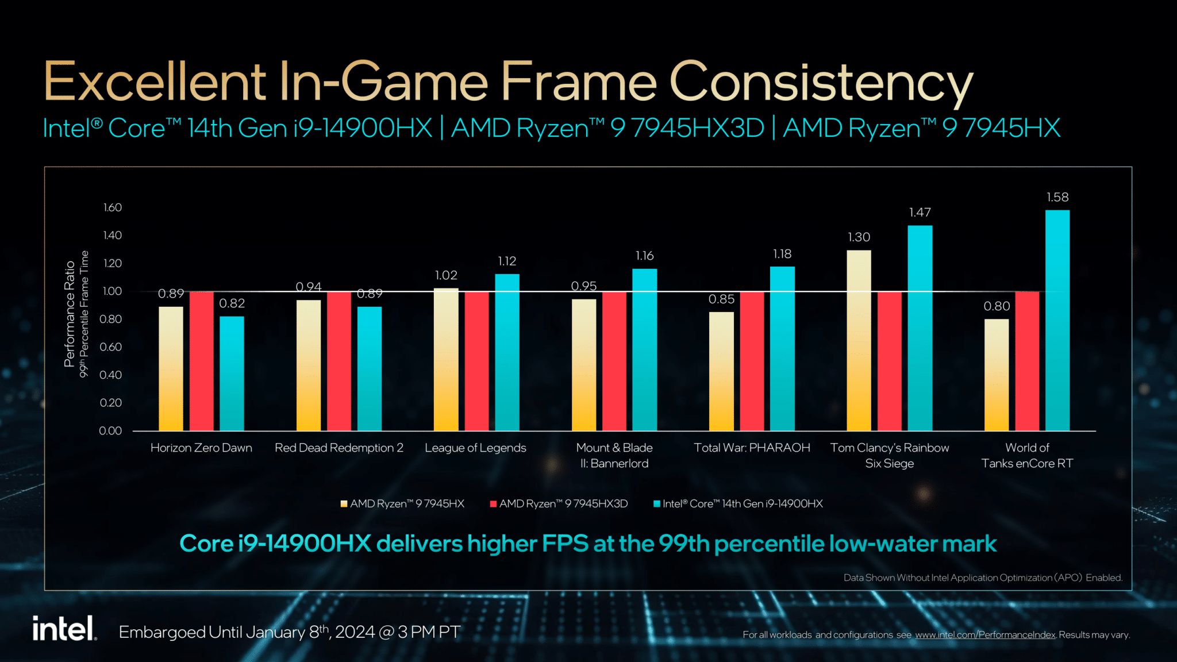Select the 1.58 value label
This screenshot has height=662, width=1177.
tap(1057, 197)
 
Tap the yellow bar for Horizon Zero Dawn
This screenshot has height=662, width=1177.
tap(171, 368)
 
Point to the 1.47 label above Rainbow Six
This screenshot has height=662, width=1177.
tap(920, 213)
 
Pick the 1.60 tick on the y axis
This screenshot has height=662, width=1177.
tap(113, 207)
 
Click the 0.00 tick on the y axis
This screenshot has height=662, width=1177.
tap(110, 431)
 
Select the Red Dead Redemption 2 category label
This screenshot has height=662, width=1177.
tap(339, 448)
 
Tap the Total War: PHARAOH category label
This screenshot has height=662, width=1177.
tap(752, 448)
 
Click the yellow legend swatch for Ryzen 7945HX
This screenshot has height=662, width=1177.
tap(344, 504)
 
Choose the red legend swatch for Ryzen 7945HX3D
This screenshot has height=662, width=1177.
tap(493, 504)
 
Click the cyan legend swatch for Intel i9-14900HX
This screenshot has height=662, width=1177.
tap(656, 504)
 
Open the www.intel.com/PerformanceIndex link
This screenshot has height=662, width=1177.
tap(985, 635)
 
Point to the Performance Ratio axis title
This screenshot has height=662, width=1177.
tap(70, 314)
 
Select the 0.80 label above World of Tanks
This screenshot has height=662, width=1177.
tap(997, 306)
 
